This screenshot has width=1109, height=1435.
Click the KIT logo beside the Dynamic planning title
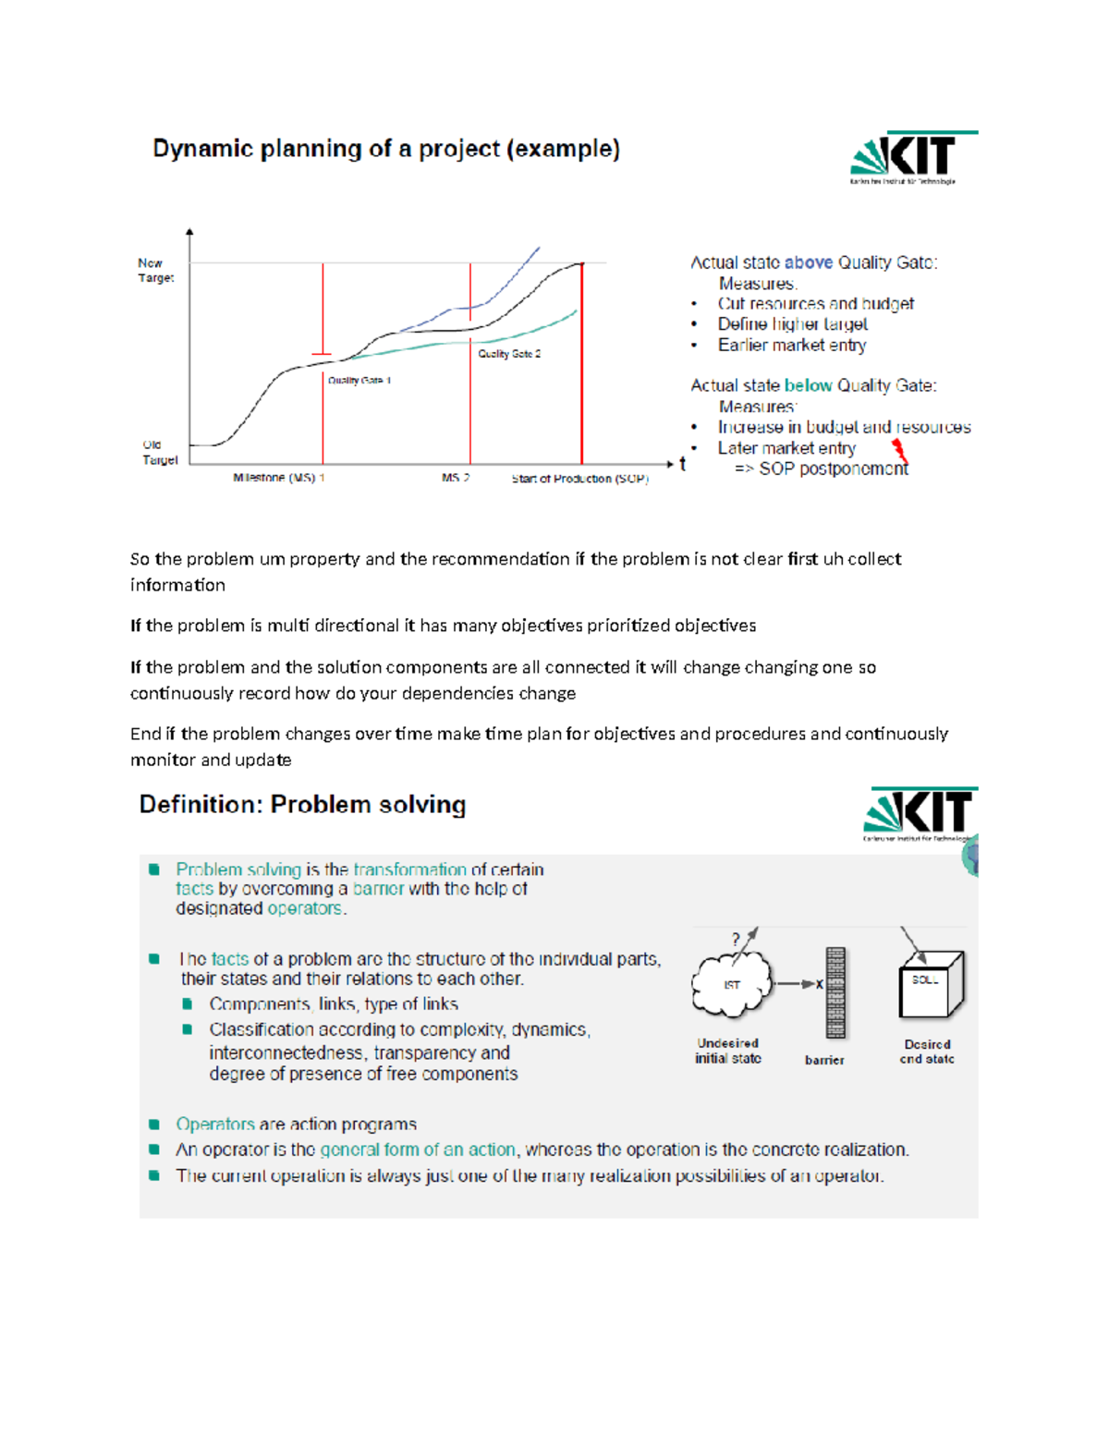[913, 157]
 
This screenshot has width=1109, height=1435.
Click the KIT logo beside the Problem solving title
[919, 813]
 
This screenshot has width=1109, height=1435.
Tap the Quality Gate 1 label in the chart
[360, 380]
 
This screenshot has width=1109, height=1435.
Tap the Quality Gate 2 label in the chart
[509, 354]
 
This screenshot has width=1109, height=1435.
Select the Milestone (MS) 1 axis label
[278, 478]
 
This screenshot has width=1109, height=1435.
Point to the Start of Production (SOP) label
[579, 479]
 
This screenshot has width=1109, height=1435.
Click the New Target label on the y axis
[155, 270]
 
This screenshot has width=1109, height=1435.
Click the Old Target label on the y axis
[159, 452]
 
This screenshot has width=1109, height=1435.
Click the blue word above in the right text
[808, 262]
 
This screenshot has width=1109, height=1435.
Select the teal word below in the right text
[808, 385]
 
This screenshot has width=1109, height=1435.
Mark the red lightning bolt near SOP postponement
[899, 450]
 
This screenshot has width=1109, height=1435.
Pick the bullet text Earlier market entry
[791, 345]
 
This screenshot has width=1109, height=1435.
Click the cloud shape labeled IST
[732, 984]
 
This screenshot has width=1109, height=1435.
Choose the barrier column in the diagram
[835, 993]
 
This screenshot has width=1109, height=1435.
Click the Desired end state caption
[927, 1052]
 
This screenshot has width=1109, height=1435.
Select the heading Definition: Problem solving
[302, 804]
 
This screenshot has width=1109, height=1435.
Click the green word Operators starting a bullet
[214, 1124]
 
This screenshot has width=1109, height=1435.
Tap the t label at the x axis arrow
[683, 464]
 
